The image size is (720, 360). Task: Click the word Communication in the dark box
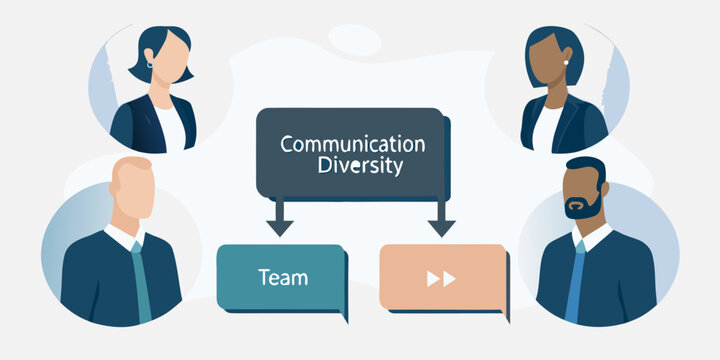pyautogui.click(x=352, y=143)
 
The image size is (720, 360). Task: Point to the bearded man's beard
pyautogui.click(x=580, y=207)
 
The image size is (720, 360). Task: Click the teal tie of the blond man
pyautogui.click(x=142, y=285)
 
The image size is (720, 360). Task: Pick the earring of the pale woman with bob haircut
pyautogui.click(x=150, y=65)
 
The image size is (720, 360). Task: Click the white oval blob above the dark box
pyautogui.click(x=354, y=40)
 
